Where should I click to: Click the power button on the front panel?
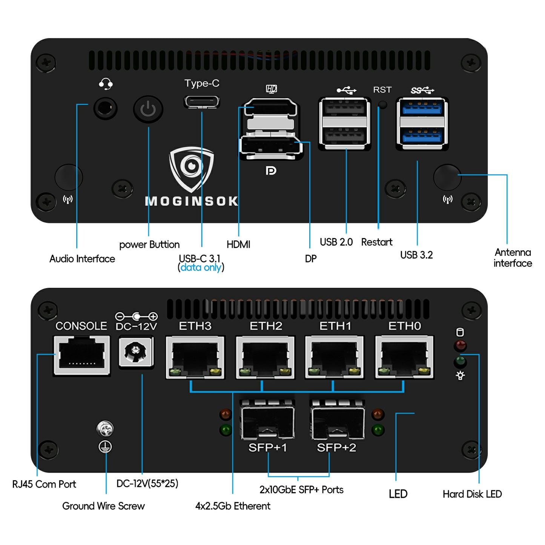pos(148,109)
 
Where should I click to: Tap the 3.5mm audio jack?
pos(105,109)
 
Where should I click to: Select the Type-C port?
pos(202,102)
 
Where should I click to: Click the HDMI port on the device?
pos(270,108)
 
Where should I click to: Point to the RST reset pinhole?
pos(382,104)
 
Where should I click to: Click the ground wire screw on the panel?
pos(105,428)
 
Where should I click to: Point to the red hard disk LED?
pos(460,345)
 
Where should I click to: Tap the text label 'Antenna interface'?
pos(513,258)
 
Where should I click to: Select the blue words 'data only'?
pos(201,267)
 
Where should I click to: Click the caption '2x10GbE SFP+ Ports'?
pos(301,490)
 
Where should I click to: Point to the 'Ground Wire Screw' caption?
pos(103,506)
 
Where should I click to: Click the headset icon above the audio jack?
pos(106,84)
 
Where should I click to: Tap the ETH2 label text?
pos(266,326)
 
